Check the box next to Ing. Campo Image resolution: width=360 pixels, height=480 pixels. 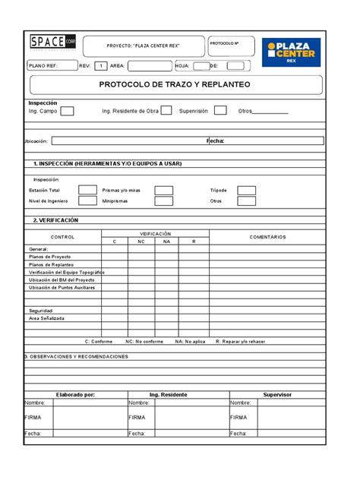click(67, 112)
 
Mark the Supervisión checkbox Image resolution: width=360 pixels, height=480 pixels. click(220, 111)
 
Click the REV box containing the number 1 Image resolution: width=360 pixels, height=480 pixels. click(100, 66)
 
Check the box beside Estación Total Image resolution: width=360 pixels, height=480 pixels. click(88, 190)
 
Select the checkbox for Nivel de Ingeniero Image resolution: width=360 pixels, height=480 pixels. click(88, 201)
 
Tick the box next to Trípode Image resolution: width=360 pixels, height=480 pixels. click(246, 190)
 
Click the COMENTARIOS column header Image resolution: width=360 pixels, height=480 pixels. click(267, 237)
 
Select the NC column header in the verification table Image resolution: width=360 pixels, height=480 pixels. click(141, 241)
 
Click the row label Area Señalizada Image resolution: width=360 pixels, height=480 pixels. click(47, 318)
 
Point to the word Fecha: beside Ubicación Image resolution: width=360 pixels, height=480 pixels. click(216, 141)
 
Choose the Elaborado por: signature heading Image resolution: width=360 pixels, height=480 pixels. click(75, 395)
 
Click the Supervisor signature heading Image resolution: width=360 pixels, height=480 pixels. click(277, 395)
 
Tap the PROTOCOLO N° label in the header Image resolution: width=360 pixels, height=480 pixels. click(224, 43)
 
